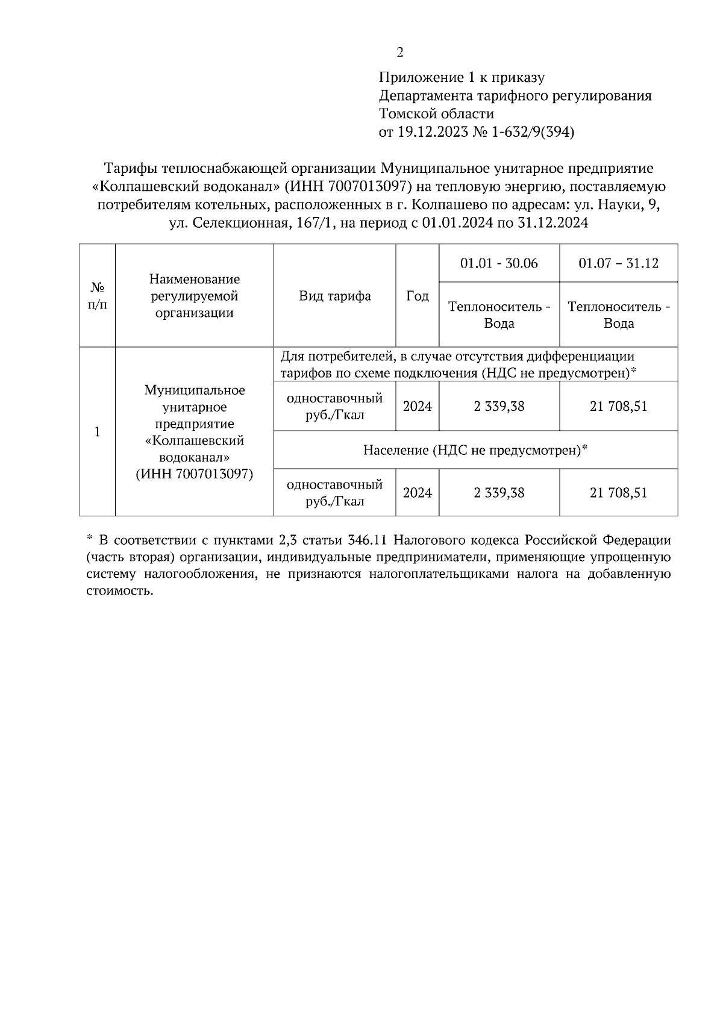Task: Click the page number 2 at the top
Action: point(400,52)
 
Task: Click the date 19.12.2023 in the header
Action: point(430,132)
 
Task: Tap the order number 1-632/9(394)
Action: point(533,132)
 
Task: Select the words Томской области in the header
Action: point(436,114)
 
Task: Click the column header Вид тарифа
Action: point(335,296)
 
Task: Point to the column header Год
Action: point(418,296)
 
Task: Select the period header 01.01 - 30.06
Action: point(499,263)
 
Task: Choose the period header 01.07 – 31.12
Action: point(618,263)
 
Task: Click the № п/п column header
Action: point(98,296)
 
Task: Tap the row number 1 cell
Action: point(98,432)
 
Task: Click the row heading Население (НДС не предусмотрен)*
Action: point(475,450)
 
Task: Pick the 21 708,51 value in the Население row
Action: point(618,493)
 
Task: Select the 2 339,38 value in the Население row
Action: point(499,493)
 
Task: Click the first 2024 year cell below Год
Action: point(418,406)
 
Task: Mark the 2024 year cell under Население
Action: point(418,493)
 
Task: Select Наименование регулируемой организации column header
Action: point(195,296)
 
